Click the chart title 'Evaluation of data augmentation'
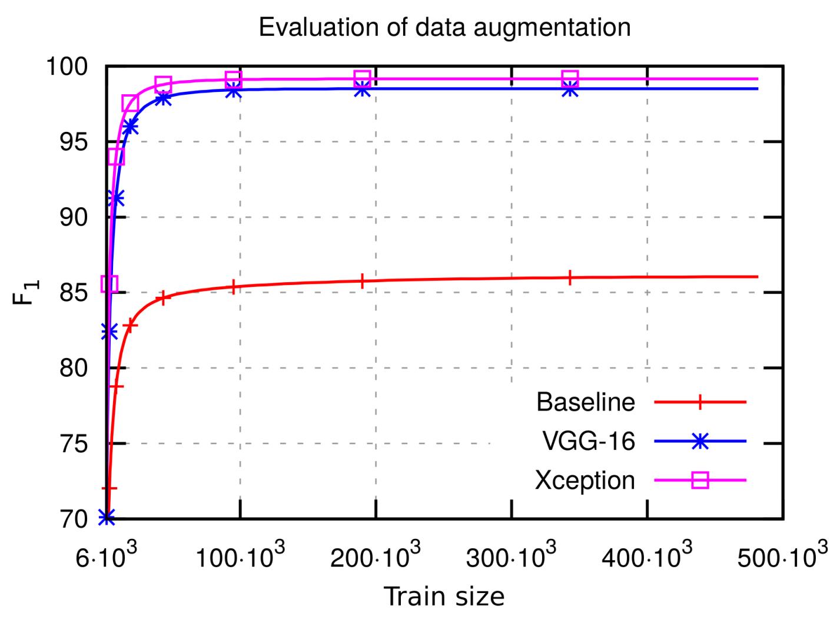[x=444, y=28]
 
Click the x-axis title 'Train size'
[x=444, y=596]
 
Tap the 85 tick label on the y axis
[x=74, y=293]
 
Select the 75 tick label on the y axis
[x=74, y=443]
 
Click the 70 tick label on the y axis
[x=74, y=519]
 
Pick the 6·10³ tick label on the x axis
[x=106, y=556]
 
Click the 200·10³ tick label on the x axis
[x=376, y=556]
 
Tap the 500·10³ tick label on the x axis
[x=782, y=556]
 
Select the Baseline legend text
[x=585, y=402]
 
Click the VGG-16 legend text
[x=589, y=441]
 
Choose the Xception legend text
[x=584, y=481]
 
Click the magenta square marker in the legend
[x=700, y=481]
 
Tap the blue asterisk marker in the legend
[x=700, y=441]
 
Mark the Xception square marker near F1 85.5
[x=109, y=284]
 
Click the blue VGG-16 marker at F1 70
[x=107, y=518]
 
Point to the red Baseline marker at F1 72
[x=109, y=488]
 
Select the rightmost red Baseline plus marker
[x=570, y=278]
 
